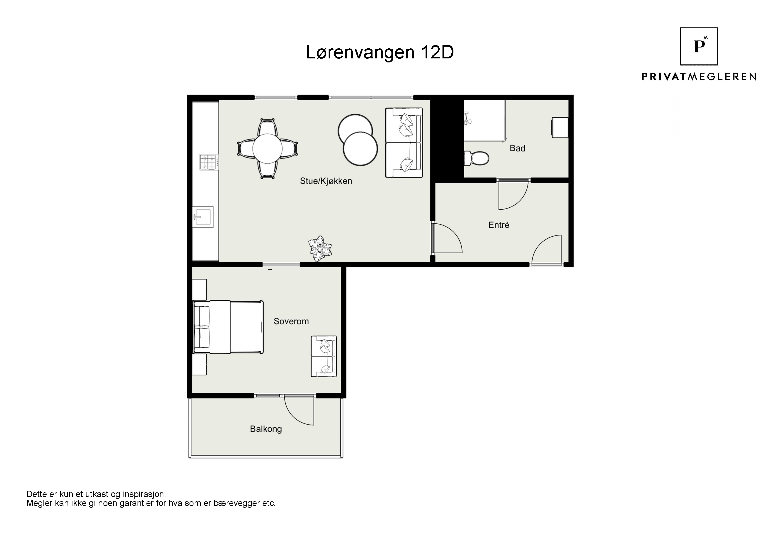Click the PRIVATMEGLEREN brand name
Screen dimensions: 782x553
click(699, 77)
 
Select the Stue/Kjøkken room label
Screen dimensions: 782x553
click(326, 181)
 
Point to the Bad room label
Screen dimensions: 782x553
click(517, 148)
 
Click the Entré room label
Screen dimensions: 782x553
click(499, 225)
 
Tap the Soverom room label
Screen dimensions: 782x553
click(291, 321)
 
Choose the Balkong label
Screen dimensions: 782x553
click(266, 429)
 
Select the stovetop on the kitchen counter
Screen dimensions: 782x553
click(209, 163)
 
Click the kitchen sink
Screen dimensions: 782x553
click(203, 217)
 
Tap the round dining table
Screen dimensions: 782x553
click(267, 149)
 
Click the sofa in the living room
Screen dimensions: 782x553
click(404, 142)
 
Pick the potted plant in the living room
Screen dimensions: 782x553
click(320, 248)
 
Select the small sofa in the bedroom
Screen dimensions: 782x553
click(323, 356)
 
